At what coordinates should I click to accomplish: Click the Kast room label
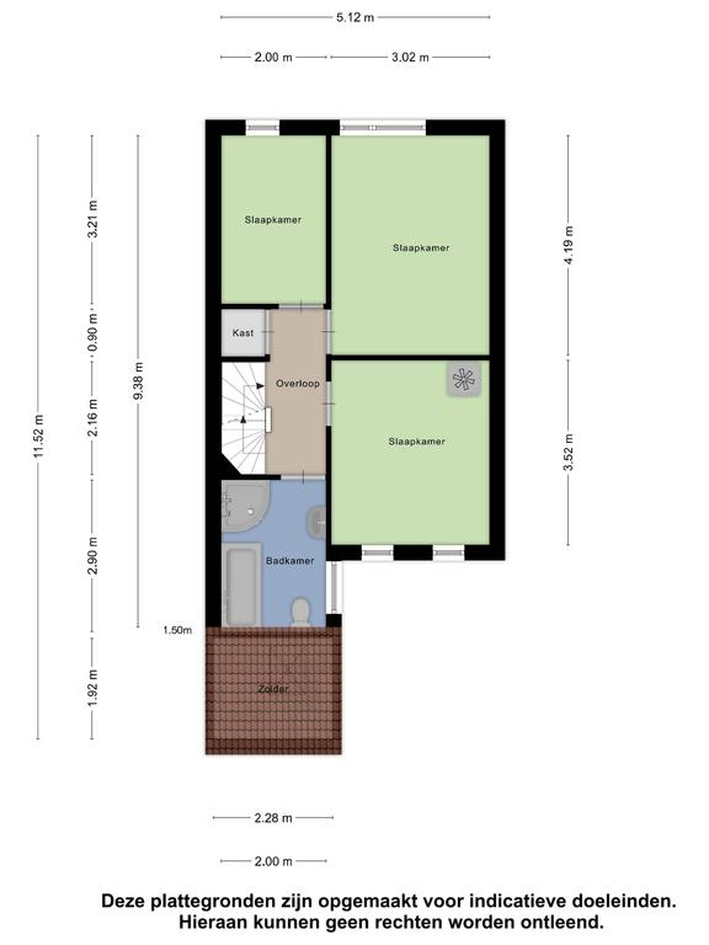[243, 332]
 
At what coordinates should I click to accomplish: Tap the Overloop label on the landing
[297, 383]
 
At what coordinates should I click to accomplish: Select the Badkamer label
[290, 561]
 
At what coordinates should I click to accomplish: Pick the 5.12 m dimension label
[355, 18]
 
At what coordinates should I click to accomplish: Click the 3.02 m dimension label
[410, 57]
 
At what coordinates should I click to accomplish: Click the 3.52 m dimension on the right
[568, 452]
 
